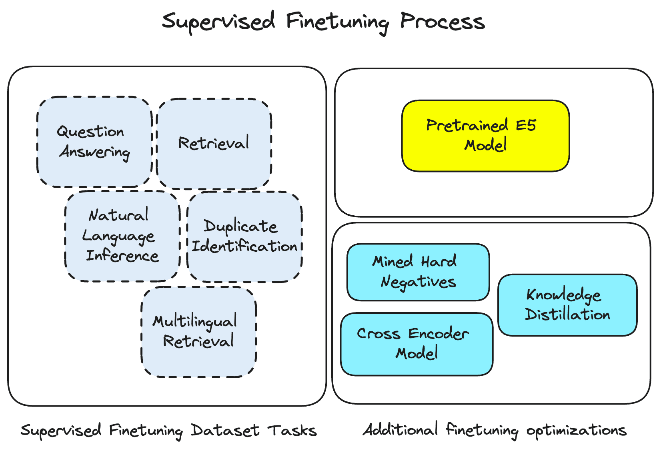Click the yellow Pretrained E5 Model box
[485, 136]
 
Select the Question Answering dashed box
[94, 142]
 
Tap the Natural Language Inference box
[122, 236]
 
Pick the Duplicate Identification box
[244, 237]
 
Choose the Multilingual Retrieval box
[198, 332]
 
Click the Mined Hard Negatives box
[418, 272]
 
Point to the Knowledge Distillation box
[567, 305]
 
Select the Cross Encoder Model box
[417, 344]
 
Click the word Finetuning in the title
[337, 22]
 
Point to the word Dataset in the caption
[225, 431]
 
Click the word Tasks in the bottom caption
[292, 431]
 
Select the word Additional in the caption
[401, 430]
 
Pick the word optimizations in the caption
[576, 431]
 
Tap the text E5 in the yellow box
[526, 125]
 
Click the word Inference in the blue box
[122, 256]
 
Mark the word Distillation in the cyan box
[567, 315]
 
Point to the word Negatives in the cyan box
[418, 282]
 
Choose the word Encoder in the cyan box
[438, 334]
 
